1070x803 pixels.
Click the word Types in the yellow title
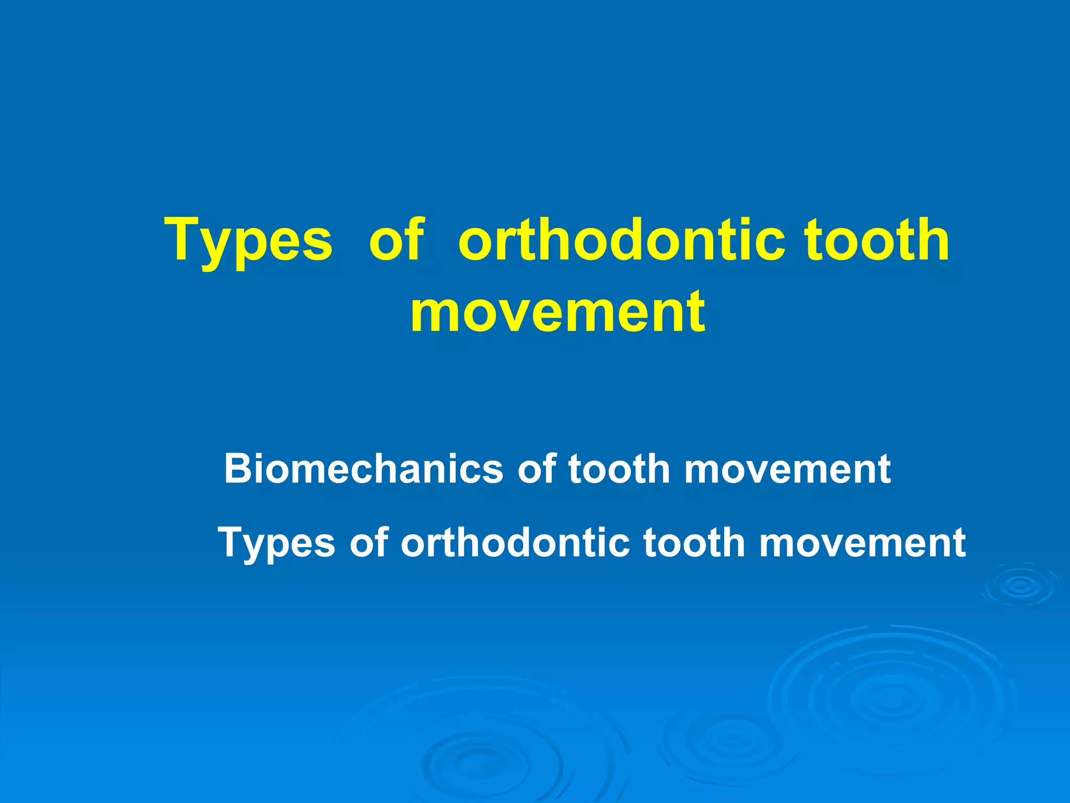tap(249, 241)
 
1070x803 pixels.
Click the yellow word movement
tap(557, 312)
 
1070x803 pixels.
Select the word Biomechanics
tap(363, 469)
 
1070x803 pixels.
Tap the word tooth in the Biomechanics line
tap(619, 469)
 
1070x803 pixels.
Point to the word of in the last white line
tap(368, 543)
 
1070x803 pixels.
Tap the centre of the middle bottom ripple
tap(731, 737)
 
